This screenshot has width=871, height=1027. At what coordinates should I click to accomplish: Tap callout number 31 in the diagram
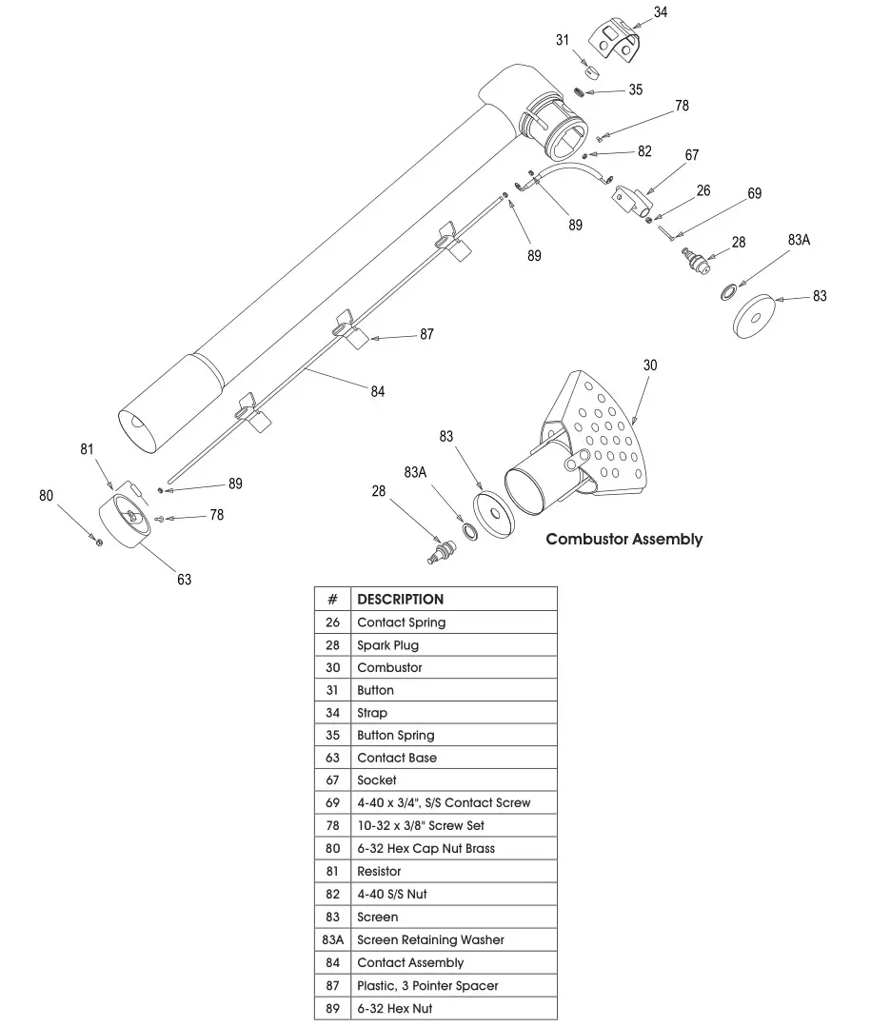point(563,39)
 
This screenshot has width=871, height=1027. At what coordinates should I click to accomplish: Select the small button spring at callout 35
point(579,91)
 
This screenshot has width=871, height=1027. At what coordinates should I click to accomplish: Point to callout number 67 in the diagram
point(691,155)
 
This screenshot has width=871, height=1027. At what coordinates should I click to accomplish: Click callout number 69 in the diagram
point(754,193)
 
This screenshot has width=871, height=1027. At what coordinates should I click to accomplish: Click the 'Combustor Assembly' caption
point(624,539)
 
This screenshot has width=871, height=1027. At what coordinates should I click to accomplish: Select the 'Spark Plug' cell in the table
point(387,645)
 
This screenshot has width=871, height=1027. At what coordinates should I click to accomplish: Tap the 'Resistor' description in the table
point(379,871)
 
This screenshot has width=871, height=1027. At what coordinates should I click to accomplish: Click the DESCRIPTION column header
point(400,600)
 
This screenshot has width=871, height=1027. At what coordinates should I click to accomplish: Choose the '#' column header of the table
point(332,600)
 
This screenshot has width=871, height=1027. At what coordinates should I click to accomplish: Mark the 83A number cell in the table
point(332,939)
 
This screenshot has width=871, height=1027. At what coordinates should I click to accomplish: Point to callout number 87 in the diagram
point(426,334)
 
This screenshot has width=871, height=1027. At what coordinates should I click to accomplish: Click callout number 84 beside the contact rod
point(378,391)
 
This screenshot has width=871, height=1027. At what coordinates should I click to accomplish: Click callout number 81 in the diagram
point(87,449)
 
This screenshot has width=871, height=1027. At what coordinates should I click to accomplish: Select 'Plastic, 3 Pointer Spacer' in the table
point(426,985)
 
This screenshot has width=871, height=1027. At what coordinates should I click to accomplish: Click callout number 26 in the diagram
point(703,190)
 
